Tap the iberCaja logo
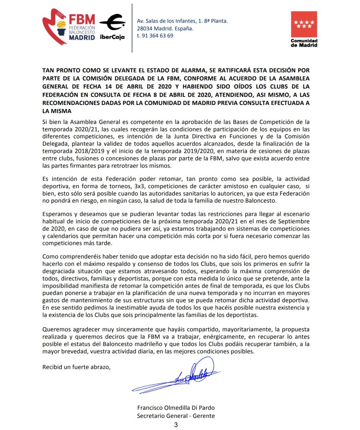pos(112,27)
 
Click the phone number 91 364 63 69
pos(158,36)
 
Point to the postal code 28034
pos(146,29)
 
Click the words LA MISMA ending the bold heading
pos(57,111)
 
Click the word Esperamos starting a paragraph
pos(57,214)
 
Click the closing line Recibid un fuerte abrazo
pos(76,367)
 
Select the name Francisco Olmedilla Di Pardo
pos(176,408)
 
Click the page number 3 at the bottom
pos(176,425)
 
